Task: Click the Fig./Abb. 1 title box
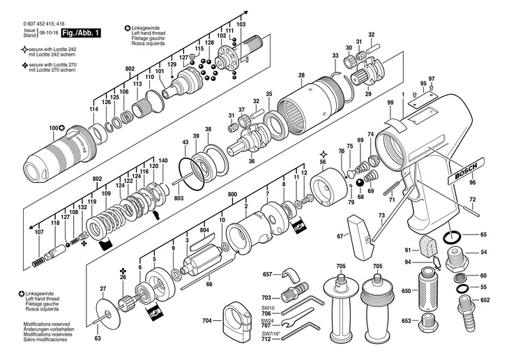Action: pos(81,33)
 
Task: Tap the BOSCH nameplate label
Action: pos(466,171)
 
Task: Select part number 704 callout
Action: pos(207,321)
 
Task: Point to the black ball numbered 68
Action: pos(360,183)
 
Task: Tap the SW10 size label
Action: pos(266,308)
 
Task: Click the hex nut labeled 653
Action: pos(427,323)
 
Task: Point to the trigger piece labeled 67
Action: pos(360,237)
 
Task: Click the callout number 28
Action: pos(302,75)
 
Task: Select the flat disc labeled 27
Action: pos(107,314)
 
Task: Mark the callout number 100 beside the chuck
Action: pos(53,128)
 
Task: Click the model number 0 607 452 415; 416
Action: pos(44,24)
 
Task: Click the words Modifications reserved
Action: pos(47,324)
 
